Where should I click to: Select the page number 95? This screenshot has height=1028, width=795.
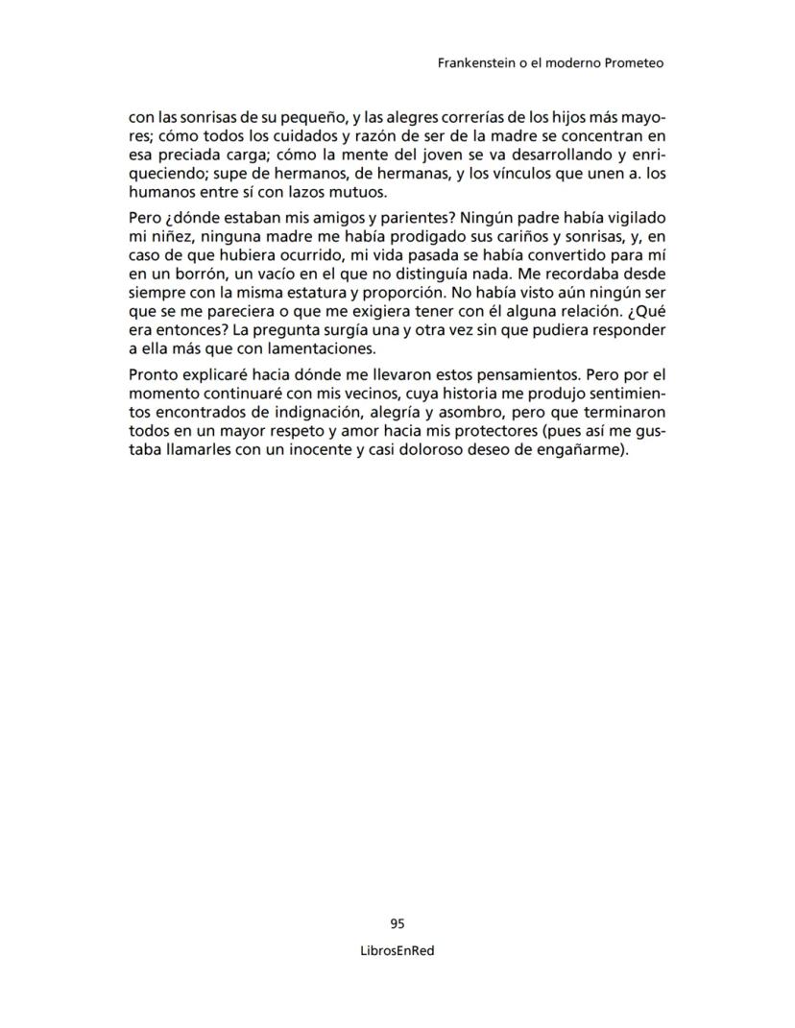pyautogui.click(x=397, y=923)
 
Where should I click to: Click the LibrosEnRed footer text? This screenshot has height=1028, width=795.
pyautogui.click(x=397, y=952)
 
